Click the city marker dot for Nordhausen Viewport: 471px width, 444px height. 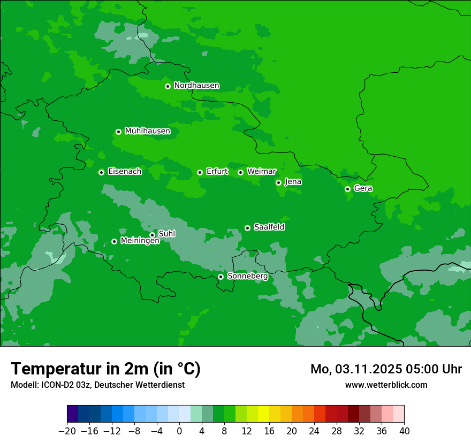point(168,86)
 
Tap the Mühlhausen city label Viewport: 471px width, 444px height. point(147,131)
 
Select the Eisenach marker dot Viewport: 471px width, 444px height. point(101,172)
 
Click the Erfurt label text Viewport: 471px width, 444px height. point(217,172)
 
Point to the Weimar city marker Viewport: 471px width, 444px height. point(240,172)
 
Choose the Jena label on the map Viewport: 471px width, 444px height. point(293,182)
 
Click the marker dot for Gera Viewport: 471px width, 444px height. point(347,189)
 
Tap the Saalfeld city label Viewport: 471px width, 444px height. point(269,227)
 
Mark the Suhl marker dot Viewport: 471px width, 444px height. point(152,235)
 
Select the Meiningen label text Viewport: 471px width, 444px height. point(140,241)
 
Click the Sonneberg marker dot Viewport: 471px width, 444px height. point(221,277)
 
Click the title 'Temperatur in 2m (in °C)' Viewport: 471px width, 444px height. point(105,369)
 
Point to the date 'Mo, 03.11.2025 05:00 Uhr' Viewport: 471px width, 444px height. point(386,369)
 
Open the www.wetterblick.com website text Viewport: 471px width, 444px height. point(386,385)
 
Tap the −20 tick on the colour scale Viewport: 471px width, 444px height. point(67,431)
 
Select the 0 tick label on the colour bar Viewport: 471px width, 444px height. point(179,431)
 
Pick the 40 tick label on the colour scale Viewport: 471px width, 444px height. point(404,431)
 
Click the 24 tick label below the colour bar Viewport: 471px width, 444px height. point(314,431)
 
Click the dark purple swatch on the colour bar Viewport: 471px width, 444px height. point(72,414)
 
